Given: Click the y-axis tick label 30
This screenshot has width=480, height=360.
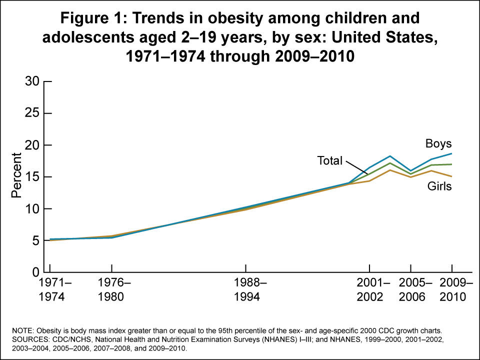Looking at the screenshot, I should coord(31,81).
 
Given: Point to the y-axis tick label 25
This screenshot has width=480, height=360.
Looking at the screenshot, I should coord(31,113).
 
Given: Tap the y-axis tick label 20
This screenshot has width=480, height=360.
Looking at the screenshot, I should coord(31,145).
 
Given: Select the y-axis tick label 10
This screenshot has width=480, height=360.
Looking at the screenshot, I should coord(31,209).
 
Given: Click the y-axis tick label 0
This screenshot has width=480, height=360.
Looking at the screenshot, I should coord(35,272).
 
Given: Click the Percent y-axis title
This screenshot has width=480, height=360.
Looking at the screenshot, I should coord(17,177).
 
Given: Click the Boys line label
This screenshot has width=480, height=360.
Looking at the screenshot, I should coord(438,144).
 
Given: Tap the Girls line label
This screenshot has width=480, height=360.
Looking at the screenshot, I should coord(439,186).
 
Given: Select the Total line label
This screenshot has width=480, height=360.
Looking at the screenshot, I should coord(329,161).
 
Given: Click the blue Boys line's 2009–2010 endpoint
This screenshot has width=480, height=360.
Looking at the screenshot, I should coord(452,153).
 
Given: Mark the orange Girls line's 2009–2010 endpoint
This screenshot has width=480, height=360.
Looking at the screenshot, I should coord(452,176).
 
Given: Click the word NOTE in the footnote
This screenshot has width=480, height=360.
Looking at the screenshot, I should coord(20,331).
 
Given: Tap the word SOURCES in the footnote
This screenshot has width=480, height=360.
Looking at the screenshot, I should coord(27,339).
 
